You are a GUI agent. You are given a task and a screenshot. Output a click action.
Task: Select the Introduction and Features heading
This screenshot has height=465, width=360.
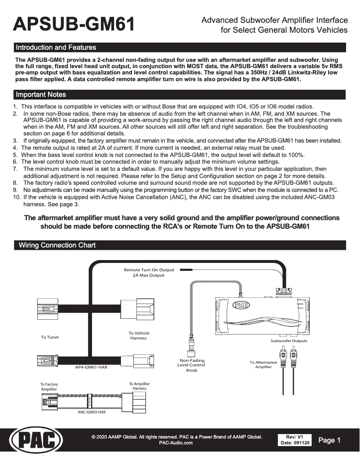point(56,47)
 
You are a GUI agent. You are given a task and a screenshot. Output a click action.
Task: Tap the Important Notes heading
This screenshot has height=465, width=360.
point(41,95)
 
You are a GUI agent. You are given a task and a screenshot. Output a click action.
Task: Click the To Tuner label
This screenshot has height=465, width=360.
point(50,337)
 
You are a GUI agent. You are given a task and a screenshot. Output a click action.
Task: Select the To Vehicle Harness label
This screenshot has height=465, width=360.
point(139,335)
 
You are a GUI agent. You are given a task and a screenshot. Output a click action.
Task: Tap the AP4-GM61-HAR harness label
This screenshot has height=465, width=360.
point(91,367)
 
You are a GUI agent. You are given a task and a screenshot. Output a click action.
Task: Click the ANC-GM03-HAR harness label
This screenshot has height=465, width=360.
point(92,412)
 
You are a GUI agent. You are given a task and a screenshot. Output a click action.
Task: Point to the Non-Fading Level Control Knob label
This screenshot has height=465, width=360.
point(192,365)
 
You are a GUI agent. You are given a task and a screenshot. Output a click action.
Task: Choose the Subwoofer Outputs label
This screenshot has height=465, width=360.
point(289,341)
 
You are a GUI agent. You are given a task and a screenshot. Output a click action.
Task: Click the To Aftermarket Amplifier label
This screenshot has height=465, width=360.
point(263,365)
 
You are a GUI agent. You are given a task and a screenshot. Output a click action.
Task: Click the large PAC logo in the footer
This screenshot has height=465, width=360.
point(36,440)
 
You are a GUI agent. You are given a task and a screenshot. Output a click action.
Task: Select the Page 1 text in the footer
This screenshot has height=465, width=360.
point(329,440)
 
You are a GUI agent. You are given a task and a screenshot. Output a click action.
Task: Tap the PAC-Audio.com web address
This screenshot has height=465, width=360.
point(176,443)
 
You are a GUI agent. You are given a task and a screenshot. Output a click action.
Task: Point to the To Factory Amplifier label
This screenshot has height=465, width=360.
point(49,387)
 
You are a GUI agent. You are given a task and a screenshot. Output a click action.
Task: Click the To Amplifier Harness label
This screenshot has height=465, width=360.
point(139,386)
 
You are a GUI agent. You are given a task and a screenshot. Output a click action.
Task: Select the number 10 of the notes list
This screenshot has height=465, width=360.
point(17,197)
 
